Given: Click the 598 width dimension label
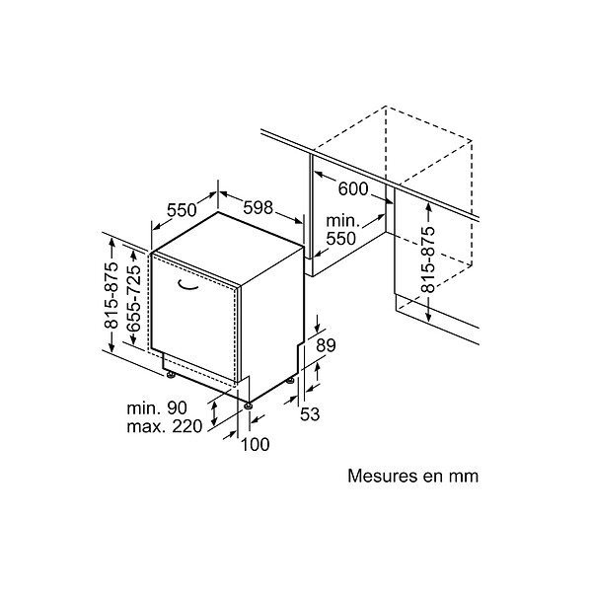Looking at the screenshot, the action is click(x=258, y=207).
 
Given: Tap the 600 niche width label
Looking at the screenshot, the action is click(x=353, y=188).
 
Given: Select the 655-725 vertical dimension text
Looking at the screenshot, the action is click(x=134, y=298).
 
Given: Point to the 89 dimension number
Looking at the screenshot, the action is click(x=326, y=345).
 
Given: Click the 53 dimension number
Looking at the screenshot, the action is click(x=310, y=414).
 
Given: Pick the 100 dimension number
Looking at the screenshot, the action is click(x=256, y=444).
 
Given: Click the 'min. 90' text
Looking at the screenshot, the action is click(x=157, y=408).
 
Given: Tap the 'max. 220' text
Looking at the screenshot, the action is click(x=165, y=426).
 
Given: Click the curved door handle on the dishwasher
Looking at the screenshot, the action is click(x=188, y=285).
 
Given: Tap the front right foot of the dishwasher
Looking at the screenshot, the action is click(x=249, y=406).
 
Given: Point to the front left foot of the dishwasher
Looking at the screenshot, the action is click(x=171, y=375).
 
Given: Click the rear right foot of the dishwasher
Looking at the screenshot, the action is click(x=290, y=381).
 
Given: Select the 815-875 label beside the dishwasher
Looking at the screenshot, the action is click(x=111, y=295).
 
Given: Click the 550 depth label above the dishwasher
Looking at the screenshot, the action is click(x=182, y=210).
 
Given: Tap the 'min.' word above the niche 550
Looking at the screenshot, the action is click(x=341, y=220).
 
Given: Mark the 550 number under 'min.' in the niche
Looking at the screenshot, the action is click(x=341, y=238).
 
